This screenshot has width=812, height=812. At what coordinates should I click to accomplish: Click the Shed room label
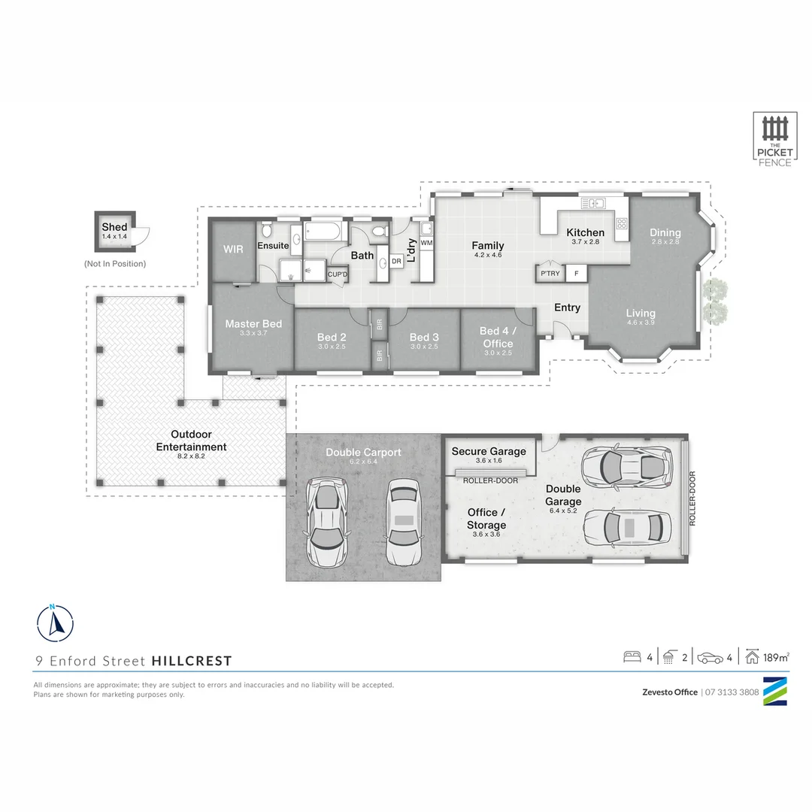pyautogui.click(x=115, y=227)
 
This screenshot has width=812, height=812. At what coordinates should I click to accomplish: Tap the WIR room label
pyautogui.click(x=233, y=249)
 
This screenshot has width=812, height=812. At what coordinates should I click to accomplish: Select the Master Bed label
pyautogui.click(x=253, y=324)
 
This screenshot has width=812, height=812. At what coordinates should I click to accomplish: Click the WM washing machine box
pyautogui.click(x=426, y=243)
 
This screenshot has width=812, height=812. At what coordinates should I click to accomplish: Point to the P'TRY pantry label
pyautogui.click(x=550, y=274)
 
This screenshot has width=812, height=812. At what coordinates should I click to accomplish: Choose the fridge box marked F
pyautogui.click(x=577, y=274)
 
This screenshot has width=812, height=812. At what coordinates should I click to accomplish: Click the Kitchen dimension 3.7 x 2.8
pyautogui.click(x=585, y=242)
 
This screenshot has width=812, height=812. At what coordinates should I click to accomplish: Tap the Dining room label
pyautogui.click(x=665, y=232)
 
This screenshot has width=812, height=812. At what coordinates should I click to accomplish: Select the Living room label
pyautogui.click(x=641, y=313)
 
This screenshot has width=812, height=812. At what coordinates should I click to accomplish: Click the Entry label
pyautogui.click(x=567, y=308)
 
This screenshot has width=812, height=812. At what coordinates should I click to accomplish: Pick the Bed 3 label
pyautogui.click(x=424, y=337)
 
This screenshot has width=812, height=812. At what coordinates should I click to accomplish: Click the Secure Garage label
pyautogui.click(x=489, y=451)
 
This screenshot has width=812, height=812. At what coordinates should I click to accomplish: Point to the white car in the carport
pyautogui.click(x=403, y=520)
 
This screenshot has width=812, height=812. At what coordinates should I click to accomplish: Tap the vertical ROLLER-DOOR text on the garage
pyautogui.click(x=692, y=498)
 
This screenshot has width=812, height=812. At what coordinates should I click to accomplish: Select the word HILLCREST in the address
pyautogui.click(x=192, y=662)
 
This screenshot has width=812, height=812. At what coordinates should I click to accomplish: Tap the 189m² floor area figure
pyautogui.click(x=775, y=657)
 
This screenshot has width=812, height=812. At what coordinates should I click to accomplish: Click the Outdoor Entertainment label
pyautogui.click(x=191, y=441)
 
